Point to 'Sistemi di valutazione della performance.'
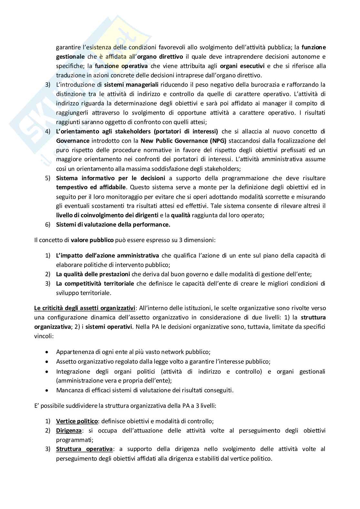coord(113,225)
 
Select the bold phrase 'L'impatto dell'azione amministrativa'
coord(107,256)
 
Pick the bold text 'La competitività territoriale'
coord(95,284)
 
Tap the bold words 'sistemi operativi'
coord(109,327)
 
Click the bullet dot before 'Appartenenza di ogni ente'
coord(47,352)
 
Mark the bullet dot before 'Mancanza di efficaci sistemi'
coord(47,390)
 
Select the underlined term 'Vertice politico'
coord(77,421)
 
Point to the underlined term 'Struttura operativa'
coord(84,449)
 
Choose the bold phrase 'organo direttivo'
coord(160,57)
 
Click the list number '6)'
coord(47,225)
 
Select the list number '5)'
coord(47,178)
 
